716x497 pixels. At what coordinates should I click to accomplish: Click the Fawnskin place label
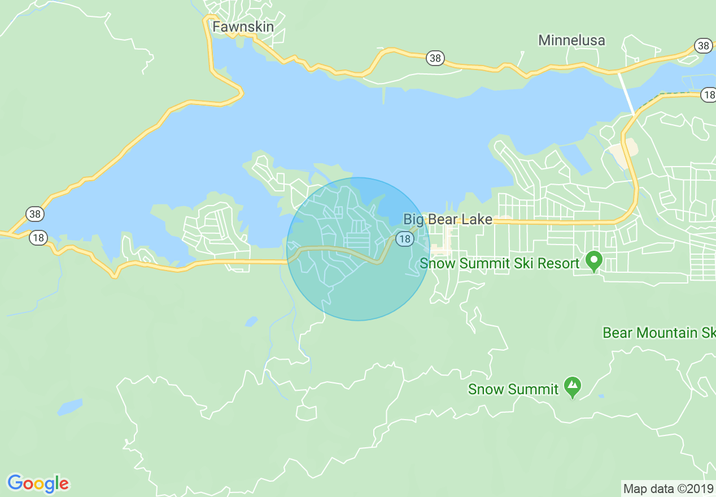pos(243,27)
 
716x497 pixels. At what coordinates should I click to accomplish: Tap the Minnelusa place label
pos(571,40)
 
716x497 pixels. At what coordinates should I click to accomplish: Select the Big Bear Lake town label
pos(448,219)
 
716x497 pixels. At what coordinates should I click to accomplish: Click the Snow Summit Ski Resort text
pos(500,263)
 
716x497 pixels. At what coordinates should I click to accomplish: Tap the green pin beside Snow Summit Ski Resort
pos(593,261)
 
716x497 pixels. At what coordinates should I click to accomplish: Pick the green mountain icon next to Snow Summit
pos(573,387)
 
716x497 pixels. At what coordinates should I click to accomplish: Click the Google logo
pos(38,483)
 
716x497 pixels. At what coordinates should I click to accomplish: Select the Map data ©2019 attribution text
pos(668,488)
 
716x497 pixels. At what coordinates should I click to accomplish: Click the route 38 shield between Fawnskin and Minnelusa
pos(435,58)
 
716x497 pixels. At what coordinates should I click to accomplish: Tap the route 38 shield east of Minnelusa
pos(703,46)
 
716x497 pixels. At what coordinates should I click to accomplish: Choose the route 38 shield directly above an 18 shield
pos(34,214)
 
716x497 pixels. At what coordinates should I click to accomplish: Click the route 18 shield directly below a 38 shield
pos(38,238)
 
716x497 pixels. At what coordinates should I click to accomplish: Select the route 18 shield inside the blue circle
pos(404,239)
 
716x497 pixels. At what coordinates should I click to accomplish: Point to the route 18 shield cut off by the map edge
pos(708,95)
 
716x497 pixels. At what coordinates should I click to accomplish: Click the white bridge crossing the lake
pos(627,93)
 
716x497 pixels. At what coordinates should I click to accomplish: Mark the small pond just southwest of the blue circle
pos(251,321)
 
